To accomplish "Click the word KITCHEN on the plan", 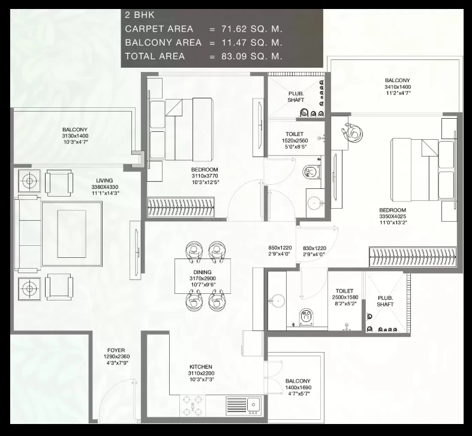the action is coord(201,367).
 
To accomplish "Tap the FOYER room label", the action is coord(116,350).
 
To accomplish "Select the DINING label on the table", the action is coord(202,272).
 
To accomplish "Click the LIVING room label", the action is coord(104,181).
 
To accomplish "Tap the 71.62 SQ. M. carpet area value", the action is coord(252,29).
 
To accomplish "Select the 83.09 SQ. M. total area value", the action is coord(252,56).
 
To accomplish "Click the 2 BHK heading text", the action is coord(140,15).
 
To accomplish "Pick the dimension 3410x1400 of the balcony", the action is coord(398,87).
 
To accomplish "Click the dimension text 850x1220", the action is coord(280,248).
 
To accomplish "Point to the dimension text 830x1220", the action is coord(314,248).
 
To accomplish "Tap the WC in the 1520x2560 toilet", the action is coord(312,172).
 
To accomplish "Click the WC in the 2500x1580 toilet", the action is coord(306,317).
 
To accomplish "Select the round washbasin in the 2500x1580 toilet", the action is coord(277,301).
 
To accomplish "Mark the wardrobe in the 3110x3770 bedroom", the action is coord(181,207).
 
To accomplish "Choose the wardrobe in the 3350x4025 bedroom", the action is coord(413,257).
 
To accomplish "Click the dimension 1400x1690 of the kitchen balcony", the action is coord(298,387).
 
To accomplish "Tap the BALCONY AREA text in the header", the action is coord(163,43).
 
